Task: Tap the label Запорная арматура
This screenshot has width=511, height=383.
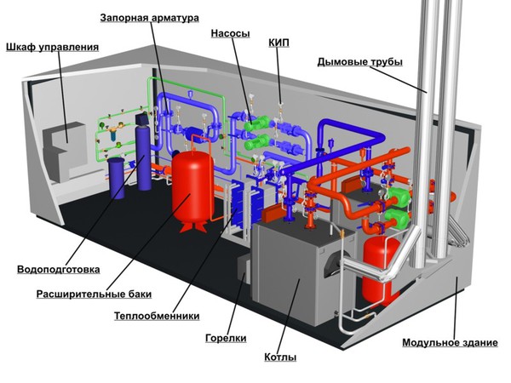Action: pyautogui.click(x=150, y=17)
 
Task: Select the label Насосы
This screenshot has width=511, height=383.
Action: pyautogui.click(x=230, y=34)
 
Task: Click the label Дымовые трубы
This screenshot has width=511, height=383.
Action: pyautogui.click(x=359, y=61)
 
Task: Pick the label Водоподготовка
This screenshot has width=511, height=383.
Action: pyautogui.click(x=58, y=270)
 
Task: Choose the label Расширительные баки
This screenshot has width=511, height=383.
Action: pyautogui.click(x=94, y=294)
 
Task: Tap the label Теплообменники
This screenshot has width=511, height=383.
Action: pyautogui.click(x=157, y=316)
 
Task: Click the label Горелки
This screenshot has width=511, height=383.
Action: pyautogui.click(x=226, y=338)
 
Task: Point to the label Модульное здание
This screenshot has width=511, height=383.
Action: pyautogui.click(x=450, y=343)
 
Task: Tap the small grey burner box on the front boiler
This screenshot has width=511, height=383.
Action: pyautogui.click(x=243, y=271)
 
